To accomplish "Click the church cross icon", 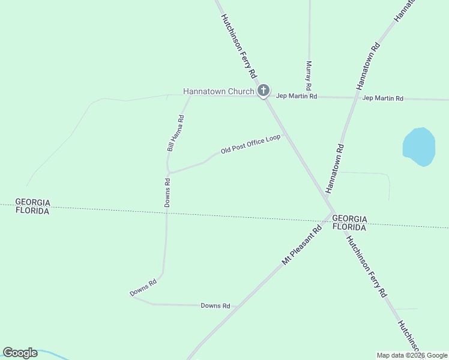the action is click(x=263, y=91).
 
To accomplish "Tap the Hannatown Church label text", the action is click(x=218, y=92).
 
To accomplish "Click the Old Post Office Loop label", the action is click(x=250, y=143).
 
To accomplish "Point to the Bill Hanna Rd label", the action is click(x=175, y=132).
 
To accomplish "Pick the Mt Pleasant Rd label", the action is click(x=302, y=245).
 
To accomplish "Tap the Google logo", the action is click(x=20, y=353).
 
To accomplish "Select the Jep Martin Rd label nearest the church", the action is click(x=296, y=96).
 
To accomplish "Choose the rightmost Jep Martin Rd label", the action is click(x=382, y=98).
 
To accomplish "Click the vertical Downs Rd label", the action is click(x=167, y=193).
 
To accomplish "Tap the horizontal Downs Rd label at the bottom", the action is click(x=215, y=306).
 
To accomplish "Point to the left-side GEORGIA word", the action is click(x=32, y=202).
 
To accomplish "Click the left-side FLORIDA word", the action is click(x=32, y=211).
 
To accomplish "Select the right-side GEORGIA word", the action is click(x=349, y=218).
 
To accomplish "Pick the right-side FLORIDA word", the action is click(x=349, y=228).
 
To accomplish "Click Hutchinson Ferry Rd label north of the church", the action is click(x=238, y=46).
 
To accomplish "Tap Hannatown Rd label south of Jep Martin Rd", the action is click(x=334, y=168).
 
